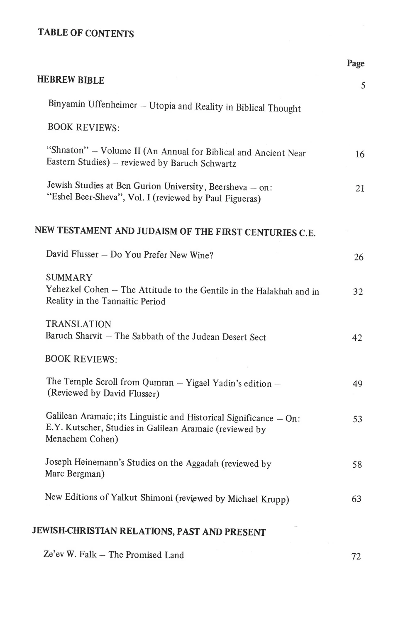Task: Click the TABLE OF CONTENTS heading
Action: (x=86, y=33)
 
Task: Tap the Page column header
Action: (x=356, y=63)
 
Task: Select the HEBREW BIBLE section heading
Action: (x=71, y=80)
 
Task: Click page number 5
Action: (x=363, y=86)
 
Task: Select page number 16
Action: (x=360, y=155)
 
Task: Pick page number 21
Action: (x=360, y=189)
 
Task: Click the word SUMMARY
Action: (x=69, y=277)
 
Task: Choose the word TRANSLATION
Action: (x=78, y=324)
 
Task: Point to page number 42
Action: (x=357, y=338)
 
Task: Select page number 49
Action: (x=357, y=384)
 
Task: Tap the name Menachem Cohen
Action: (x=81, y=439)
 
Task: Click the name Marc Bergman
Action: (x=74, y=474)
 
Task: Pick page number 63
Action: (x=356, y=499)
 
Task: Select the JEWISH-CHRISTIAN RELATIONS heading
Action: (x=149, y=532)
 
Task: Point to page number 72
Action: (x=356, y=557)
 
